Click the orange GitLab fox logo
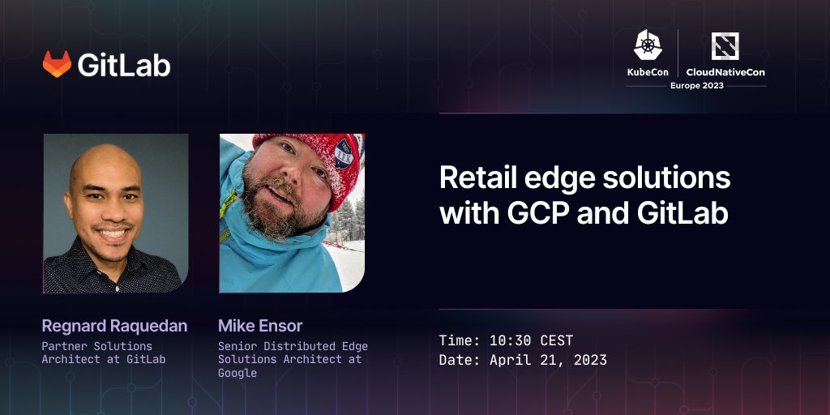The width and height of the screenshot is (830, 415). coord(57,64)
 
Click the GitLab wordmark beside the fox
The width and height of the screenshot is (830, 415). coord(124,65)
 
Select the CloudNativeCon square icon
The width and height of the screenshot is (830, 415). coord(725,45)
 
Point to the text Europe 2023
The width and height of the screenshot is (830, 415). coord(697,85)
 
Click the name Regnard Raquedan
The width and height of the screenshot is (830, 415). coord(114,326)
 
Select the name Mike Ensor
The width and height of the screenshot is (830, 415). coord(260,326)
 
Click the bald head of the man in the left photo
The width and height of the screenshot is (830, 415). coord(105,162)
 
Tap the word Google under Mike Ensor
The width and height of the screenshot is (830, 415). coord(237,373)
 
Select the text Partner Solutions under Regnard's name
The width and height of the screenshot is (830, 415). coord(96,346)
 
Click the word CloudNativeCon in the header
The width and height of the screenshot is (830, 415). coord(725,72)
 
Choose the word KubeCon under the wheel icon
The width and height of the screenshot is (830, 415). coord(648,72)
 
